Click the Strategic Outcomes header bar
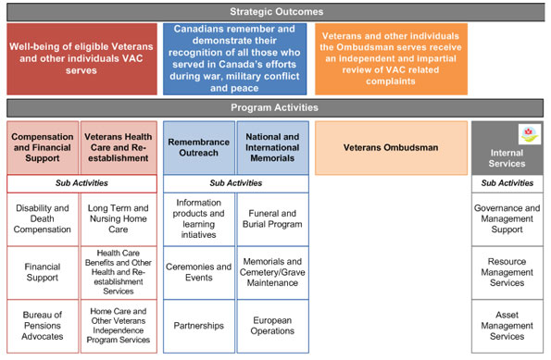[275, 12]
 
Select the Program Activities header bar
[275, 108]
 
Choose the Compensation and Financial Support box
[43, 147]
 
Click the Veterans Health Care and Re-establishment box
[118, 147]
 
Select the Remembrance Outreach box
[198, 147]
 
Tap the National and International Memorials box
[273, 147]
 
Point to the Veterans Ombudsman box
[391, 147]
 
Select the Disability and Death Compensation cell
[43, 218]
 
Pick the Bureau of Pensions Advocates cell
[43, 326]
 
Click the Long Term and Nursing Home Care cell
[118, 218]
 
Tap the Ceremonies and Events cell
[198, 272]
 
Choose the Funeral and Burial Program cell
[273, 218]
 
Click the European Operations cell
[273, 326]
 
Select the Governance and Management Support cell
[507, 218]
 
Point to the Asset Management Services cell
[507, 326]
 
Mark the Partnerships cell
[198, 326]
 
